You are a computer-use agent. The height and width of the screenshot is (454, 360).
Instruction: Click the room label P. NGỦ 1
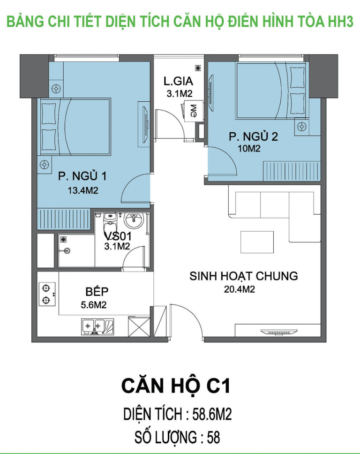click(x=82, y=176)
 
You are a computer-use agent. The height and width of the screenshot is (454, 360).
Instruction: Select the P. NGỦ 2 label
click(x=253, y=137)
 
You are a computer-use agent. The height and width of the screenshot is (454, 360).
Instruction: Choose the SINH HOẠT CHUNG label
click(x=243, y=276)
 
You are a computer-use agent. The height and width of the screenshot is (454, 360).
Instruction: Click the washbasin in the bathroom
click(x=136, y=219)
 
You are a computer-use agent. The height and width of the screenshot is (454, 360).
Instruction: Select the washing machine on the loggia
click(x=192, y=111)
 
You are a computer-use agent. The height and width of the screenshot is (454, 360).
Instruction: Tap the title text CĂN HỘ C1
click(x=176, y=386)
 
